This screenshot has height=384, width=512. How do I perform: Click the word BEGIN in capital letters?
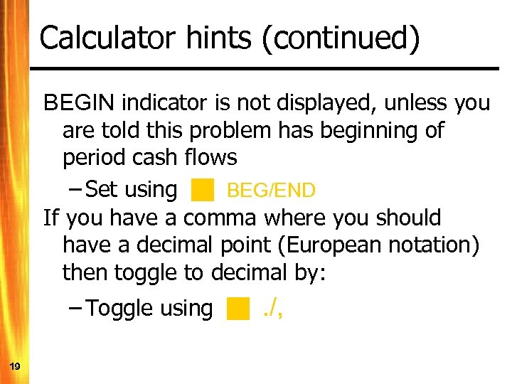80,104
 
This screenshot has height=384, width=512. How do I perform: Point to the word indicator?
165,104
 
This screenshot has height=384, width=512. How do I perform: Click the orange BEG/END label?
271,191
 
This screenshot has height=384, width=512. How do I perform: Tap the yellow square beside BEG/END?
203,190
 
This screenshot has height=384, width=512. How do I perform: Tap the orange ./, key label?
272,308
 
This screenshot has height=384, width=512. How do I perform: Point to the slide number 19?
15,366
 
